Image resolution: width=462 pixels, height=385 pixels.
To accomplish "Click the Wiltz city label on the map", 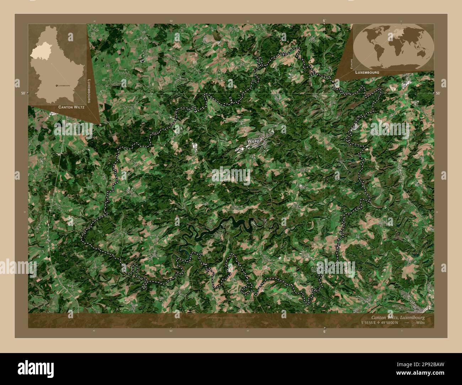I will coord(253,141).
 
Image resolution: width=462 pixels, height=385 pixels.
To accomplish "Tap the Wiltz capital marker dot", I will coord(262,141).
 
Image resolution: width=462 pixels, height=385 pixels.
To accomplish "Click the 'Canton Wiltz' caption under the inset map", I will coord(71,107).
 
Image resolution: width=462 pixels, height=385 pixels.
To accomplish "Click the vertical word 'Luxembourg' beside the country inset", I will coord(89,91).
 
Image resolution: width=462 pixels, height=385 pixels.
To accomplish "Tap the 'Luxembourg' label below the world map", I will coord(367,72).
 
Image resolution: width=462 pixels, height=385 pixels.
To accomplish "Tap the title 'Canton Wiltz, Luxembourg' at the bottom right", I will coord(398,317).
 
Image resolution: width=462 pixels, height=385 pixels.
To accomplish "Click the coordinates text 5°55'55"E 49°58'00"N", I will coord(380,323).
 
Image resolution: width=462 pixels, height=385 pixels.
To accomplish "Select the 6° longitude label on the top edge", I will coord(324,21).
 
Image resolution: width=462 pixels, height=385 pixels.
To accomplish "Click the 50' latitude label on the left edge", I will coord(23,93).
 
